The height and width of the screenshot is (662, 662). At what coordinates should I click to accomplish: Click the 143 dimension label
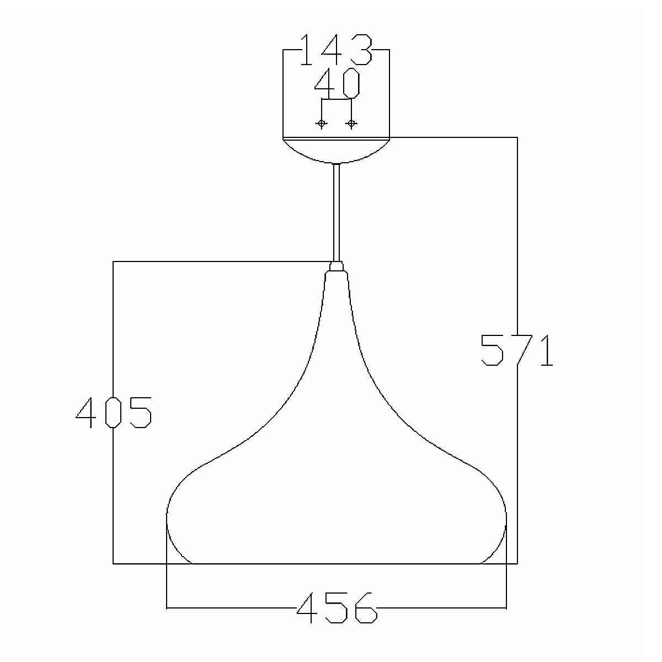pos(336,50)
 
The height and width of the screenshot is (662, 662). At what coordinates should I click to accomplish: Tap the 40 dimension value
pos(337,83)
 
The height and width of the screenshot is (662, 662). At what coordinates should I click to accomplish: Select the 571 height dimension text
pos(516,350)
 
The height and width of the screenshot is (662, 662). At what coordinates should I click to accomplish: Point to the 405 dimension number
pos(113,412)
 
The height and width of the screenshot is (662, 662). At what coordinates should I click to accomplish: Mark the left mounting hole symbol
pos(322,124)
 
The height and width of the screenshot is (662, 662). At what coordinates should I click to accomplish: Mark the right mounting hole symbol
pos(351,124)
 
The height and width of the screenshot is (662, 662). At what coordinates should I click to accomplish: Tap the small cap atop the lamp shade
pos(337,267)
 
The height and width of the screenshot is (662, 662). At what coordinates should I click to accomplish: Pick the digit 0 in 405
pos(113,412)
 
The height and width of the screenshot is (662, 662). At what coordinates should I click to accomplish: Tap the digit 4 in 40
pos(324,83)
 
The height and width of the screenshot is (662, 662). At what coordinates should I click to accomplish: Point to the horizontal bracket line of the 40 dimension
pos(337,100)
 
